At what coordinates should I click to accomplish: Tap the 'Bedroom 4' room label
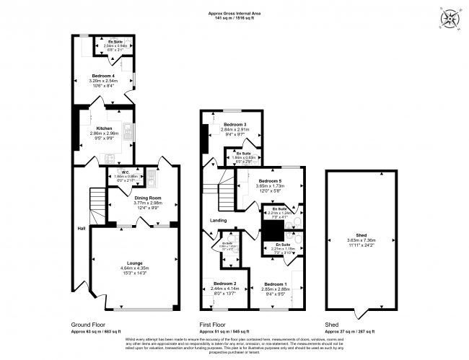click(x=102, y=76)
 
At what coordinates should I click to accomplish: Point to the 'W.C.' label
click(x=126, y=172)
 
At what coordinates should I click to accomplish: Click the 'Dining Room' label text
click(x=147, y=198)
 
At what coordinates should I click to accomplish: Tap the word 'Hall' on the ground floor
click(x=82, y=229)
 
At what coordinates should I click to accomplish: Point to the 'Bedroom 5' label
click(x=270, y=180)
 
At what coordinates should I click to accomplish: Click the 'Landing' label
click(x=219, y=220)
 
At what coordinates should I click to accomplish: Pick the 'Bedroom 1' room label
click(x=275, y=284)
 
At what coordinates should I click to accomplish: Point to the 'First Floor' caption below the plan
click(x=213, y=325)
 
